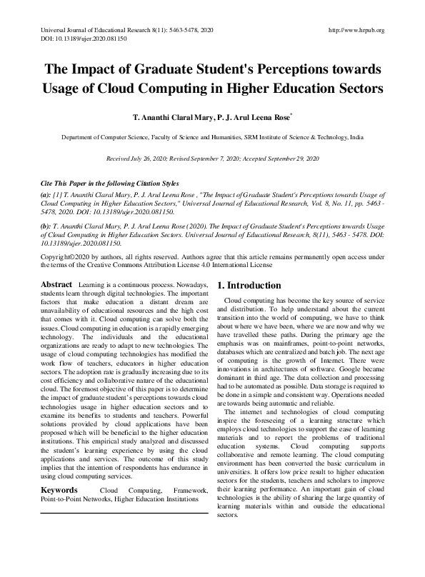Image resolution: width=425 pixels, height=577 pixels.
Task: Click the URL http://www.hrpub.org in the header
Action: pos(355,30)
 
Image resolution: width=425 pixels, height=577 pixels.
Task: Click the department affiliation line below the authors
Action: pos(212,136)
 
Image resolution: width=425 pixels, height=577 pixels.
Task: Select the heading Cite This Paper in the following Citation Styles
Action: pos(109,184)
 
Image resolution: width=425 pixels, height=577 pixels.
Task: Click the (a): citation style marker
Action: pos(46,194)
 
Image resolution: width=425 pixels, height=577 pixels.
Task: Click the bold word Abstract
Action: pos(56,285)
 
